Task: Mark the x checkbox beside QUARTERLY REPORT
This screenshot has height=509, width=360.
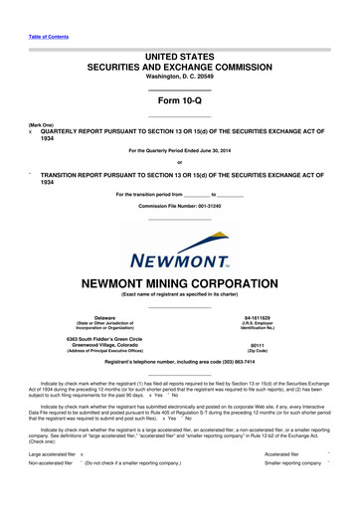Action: pos(32,141)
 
